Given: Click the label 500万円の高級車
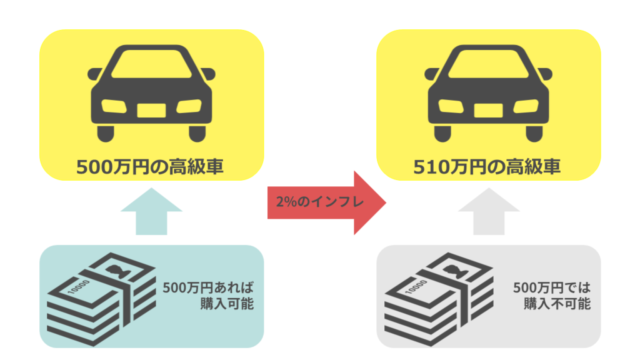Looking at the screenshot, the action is [x=150, y=167].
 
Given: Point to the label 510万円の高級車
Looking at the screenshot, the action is [x=486, y=167].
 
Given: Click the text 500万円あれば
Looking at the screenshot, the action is [x=208, y=287].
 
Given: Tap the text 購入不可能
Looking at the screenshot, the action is [x=557, y=304].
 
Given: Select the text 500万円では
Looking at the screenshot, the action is [x=552, y=287].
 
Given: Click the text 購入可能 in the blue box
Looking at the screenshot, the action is [x=227, y=304].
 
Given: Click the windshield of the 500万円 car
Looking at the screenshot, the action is [x=151, y=64].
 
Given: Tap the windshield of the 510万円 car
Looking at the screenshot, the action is [x=489, y=64].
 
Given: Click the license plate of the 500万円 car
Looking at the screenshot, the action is [x=151, y=110].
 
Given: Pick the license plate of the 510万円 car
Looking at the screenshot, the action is [x=489, y=110].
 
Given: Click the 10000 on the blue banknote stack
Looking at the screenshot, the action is [x=79, y=287].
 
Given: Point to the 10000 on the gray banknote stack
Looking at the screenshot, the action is [x=416, y=287].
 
